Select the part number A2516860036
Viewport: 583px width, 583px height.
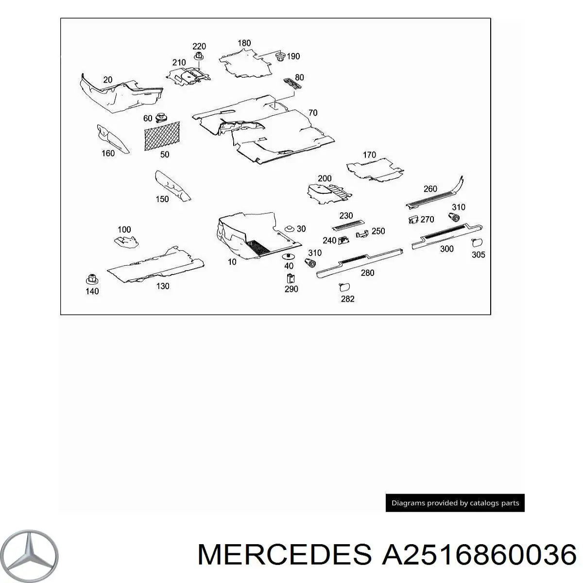coord(479,554)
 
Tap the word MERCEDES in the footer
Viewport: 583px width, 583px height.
coord(285,554)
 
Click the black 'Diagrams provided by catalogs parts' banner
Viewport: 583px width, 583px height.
coord(455,503)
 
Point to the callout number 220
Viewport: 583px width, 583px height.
coord(199,46)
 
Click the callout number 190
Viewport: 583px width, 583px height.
coord(293,56)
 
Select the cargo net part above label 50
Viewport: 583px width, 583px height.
coord(162,136)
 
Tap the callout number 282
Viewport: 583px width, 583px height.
coord(348,299)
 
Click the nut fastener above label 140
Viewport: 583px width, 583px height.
coord(92,279)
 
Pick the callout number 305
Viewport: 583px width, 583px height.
coord(479,255)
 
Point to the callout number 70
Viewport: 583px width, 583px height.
coord(313,113)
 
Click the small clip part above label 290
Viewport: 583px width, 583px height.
coord(291,278)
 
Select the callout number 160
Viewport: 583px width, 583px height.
coord(108,154)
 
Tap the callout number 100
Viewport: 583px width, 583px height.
coord(124,230)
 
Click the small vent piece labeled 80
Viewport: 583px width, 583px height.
coord(292,84)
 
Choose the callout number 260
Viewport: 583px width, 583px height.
coord(430,189)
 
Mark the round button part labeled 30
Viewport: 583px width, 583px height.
coord(290,229)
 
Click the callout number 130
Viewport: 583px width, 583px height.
coord(163,286)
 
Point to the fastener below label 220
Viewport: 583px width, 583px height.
coord(199,56)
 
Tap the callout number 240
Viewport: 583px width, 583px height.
coord(329,240)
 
